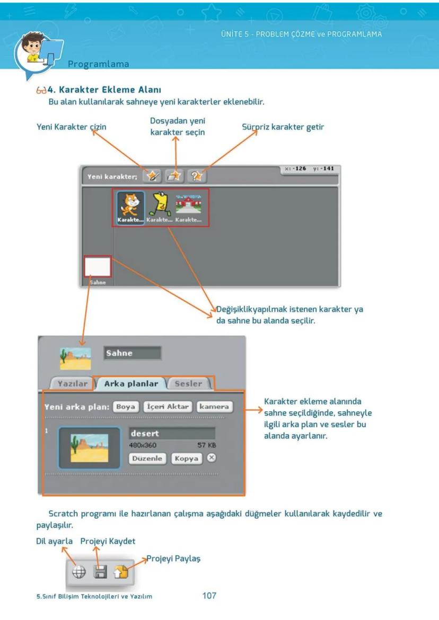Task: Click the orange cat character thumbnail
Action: [x=130, y=204]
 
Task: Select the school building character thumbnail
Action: [x=189, y=203]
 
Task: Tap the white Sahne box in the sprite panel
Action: [x=97, y=267]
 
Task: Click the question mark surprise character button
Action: [x=197, y=176]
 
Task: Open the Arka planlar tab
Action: [x=131, y=384]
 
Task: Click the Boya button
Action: [x=126, y=407]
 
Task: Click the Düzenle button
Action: [x=147, y=459]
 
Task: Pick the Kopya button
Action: [x=187, y=459]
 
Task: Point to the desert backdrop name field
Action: [x=172, y=433]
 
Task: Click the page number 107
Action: [x=209, y=596]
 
